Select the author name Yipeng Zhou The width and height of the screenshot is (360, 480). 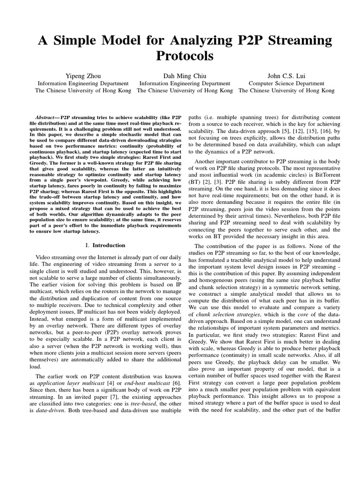point(82,75)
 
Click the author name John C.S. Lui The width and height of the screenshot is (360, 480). point(286,75)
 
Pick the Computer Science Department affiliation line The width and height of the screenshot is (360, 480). point(286,83)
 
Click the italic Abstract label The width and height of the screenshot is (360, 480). point(47,117)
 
